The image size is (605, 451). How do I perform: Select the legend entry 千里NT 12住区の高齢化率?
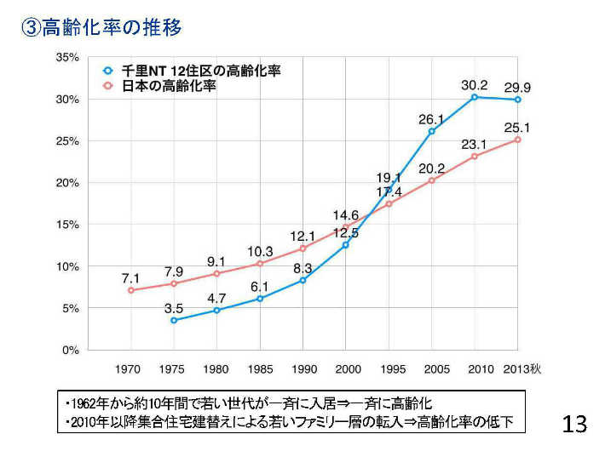point(201,71)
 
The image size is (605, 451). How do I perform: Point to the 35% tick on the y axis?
point(67,57)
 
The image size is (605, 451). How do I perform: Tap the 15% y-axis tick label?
point(67,225)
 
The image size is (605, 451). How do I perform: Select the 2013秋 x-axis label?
point(521,368)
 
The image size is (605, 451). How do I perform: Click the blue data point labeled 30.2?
point(475,97)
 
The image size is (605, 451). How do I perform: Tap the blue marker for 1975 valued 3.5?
point(174,320)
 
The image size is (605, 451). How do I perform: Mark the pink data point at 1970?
point(130,290)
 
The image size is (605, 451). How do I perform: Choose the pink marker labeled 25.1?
point(517,140)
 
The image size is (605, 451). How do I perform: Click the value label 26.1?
point(432,120)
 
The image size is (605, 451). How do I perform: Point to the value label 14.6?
point(345,215)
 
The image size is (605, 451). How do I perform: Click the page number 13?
point(575,423)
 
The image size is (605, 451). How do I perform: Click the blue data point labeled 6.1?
point(260,299)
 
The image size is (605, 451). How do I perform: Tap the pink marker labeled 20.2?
point(432,180)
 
